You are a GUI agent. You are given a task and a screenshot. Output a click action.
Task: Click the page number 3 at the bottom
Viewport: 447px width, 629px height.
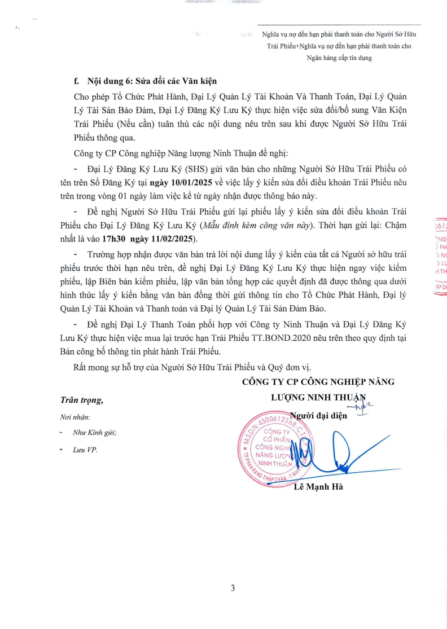point(233,588)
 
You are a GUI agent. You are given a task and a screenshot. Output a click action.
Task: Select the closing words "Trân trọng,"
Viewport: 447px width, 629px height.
point(82,400)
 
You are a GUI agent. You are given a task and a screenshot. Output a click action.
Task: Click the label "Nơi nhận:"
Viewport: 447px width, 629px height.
point(74,417)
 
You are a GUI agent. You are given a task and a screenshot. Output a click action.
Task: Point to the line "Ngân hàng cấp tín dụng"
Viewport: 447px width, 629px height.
point(339,58)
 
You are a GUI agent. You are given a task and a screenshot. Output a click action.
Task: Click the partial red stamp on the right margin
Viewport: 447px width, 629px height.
point(439,257)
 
